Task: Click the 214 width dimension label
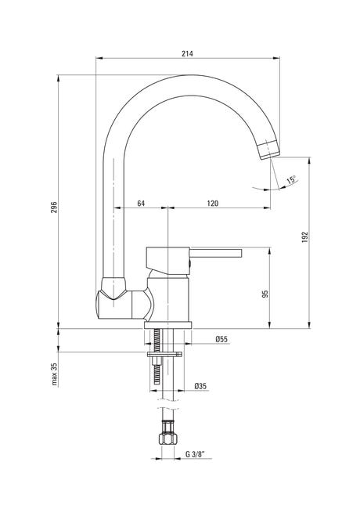(187, 53)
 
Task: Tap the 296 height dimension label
(54, 207)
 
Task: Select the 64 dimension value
(141, 204)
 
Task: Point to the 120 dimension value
(213, 204)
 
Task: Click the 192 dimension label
(304, 237)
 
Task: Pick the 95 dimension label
(265, 294)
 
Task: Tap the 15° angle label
(291, 180)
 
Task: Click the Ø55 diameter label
(221, 339)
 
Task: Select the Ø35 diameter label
(200, 386)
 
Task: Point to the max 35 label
(54, 374)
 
